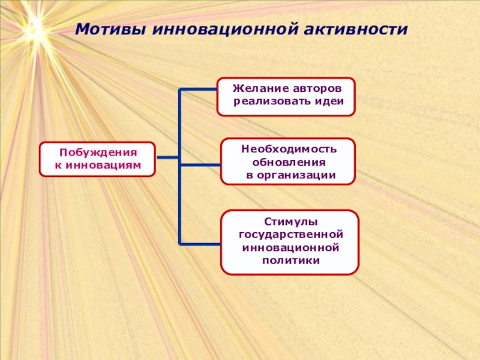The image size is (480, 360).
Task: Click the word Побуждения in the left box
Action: pyautogui.click(x=98, y=153)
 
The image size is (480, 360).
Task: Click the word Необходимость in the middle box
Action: pyautogui.click(x=289, y=149)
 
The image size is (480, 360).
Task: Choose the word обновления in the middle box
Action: pyautogui.click(x=289, y=162)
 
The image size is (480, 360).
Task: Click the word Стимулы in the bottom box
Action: pyautogui.click(x=290, y=222)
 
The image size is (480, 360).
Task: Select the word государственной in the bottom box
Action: pyautogui.click(x=290, y=235)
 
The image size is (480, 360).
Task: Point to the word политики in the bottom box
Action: pyautogui.click(x=290, y=260)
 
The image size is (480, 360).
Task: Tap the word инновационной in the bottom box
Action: pyautogui.click(x=290, y=247)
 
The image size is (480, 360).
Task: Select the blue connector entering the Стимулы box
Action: pyautogui.click(x=200, y=243)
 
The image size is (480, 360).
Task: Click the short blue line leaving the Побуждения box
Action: pyautogui.click(x=167, y=158)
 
